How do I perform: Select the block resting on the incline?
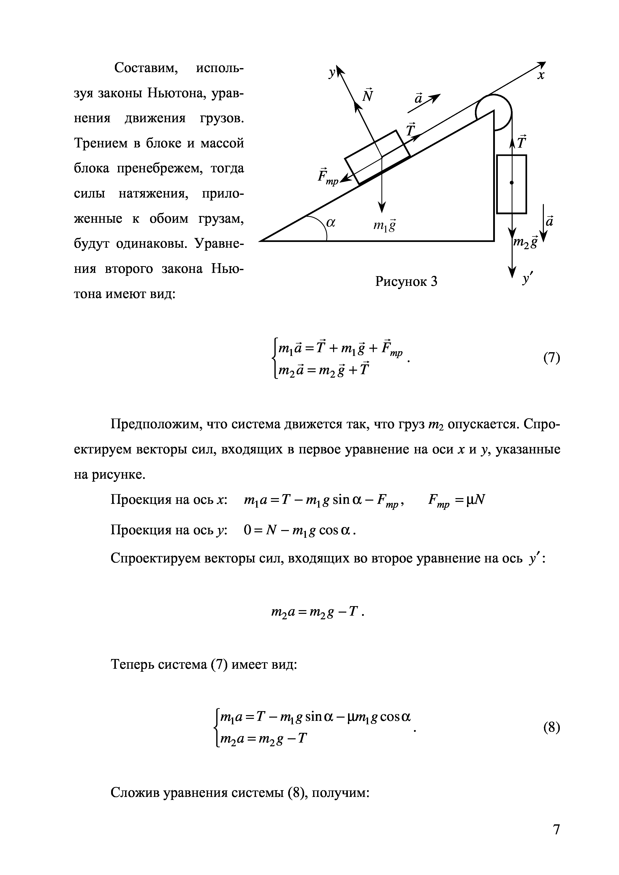[378, 157]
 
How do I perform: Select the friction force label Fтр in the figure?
[328, 176]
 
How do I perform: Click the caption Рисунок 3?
[406, 281]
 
